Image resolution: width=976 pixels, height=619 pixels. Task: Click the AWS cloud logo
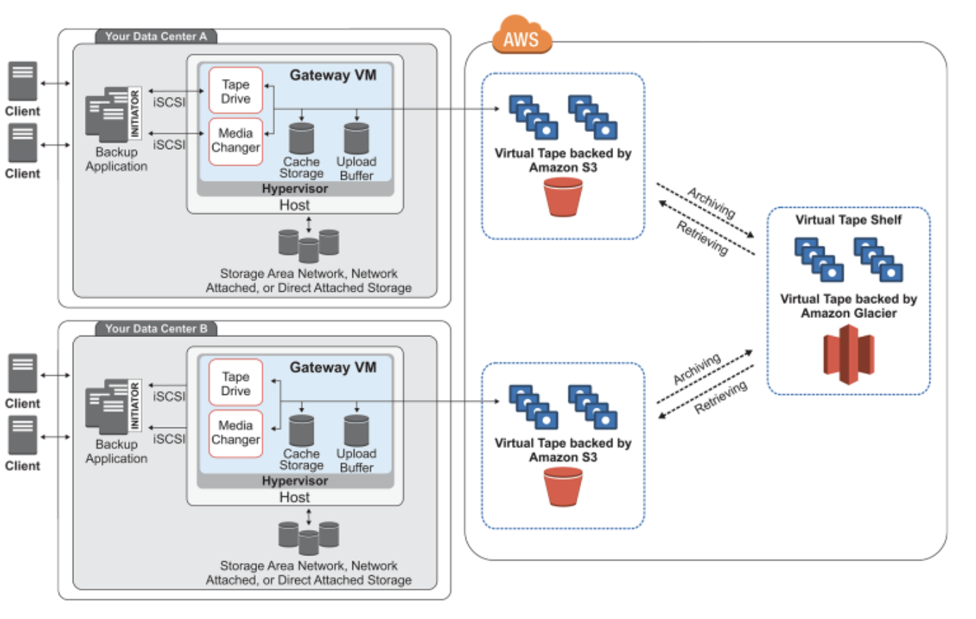pyautogui.click(x=521, y=37)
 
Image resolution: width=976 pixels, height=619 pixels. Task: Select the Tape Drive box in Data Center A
pyautogui.click(x=235, y=91)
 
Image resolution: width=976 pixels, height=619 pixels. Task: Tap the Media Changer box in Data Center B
pyautogui.click(x=235, y=432)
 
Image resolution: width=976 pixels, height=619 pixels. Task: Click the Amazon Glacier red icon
pyautogui.click(x=848, y=354)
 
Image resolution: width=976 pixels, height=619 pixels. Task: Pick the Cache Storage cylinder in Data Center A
pyautogui.click(x=302, y=138)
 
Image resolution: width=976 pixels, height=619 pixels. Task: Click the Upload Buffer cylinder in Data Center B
pyautogui.click(x=356, y=430)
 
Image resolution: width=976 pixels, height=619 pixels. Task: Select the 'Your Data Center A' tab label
pyautogui.click(x=155, y=36)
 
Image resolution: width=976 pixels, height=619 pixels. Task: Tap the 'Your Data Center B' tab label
pyautogui.click(x=155, y=329)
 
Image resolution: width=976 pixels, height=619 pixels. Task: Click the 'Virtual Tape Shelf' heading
pyautogui.click(x=848, y=220)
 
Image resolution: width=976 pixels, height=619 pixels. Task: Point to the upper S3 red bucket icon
pyautogui.click(x=563, y=196)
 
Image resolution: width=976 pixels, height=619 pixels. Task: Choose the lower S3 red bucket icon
pyautogui.click(x=563, y=487)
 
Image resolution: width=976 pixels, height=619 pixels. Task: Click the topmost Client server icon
pyautogui.click(x=23, y=81)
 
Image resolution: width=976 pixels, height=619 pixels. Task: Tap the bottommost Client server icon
pyautogui.click(x=23, y=435)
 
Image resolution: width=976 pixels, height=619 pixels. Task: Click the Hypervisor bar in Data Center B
pyautogui.click(x=294, y=481)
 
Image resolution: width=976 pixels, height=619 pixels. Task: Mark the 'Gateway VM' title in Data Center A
pyautogui.click(x=333, y=75)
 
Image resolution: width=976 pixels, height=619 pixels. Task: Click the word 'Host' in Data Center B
pyautogui.click(x=294, y=497)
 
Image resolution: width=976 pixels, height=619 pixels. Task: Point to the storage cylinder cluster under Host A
pyautogui.click(x=309, y=245)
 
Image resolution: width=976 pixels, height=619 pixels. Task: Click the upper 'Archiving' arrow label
pyautogui.click(x=711, y=202)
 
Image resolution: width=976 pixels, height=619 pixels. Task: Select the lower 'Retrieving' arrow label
pyautogui.click(x=720, y=397)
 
